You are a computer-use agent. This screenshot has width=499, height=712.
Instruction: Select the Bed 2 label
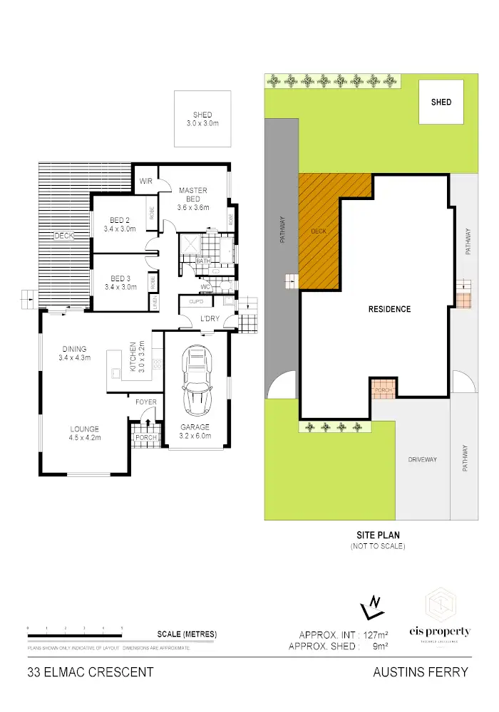[x=119, y=224]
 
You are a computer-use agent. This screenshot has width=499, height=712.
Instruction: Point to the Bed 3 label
[x=119, y=283]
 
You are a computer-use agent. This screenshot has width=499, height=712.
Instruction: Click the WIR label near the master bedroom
[x=147, y=181]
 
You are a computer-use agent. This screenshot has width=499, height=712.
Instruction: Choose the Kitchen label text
[x=132, y=357]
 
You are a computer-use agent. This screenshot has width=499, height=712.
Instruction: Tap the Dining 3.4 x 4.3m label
[x=74, y=353]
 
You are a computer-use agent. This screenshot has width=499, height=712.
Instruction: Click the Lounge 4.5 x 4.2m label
[x=84, y=433]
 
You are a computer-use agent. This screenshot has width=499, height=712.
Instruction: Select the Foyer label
[x=146, y=402]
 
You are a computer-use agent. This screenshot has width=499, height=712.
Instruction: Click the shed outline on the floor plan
[x=202, y=119]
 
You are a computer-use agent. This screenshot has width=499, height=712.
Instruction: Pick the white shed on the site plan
[x=441, y=103]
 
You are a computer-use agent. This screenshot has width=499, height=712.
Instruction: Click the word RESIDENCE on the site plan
[x=389, y=309]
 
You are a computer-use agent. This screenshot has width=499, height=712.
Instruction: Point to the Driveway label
[x=422, y=459]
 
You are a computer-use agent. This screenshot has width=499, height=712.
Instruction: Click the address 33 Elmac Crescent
[x=90, y=671]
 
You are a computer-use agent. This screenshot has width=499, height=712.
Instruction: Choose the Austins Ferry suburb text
[x=421, y=671]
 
